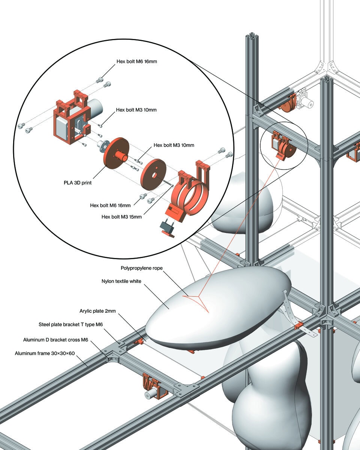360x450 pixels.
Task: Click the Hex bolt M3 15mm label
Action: coord(121,216)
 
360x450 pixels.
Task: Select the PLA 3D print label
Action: coord(78,183)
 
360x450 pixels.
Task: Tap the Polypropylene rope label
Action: coord(141,268)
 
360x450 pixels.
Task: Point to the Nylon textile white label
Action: coord(121,281)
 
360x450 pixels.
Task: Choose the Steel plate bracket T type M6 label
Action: coord(69,324)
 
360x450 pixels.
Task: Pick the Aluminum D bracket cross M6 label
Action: coord(55,340)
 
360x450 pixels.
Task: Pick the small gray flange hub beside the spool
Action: coord(102,145)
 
